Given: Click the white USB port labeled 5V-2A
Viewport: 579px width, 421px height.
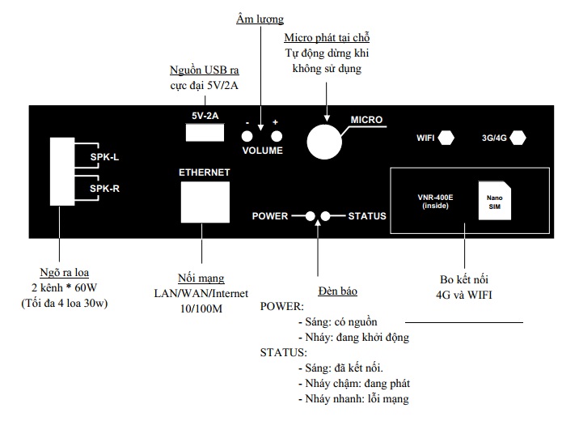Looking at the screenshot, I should (205, 134).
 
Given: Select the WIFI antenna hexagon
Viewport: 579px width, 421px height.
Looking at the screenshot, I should (446, 138).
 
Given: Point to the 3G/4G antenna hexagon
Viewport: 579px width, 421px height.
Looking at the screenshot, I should (518, 138).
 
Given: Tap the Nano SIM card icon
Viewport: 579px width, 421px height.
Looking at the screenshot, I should (492, 199).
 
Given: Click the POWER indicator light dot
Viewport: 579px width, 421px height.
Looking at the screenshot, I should (310, 216).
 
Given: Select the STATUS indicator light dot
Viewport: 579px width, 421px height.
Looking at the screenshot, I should (326, 216).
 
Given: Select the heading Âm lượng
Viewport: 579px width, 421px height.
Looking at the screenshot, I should (259, 18).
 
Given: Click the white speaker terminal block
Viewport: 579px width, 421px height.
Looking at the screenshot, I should (61, 172).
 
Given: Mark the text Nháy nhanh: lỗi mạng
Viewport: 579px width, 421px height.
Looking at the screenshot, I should (353, 398).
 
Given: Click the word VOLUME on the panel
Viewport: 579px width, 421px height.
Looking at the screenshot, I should (263, 151).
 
